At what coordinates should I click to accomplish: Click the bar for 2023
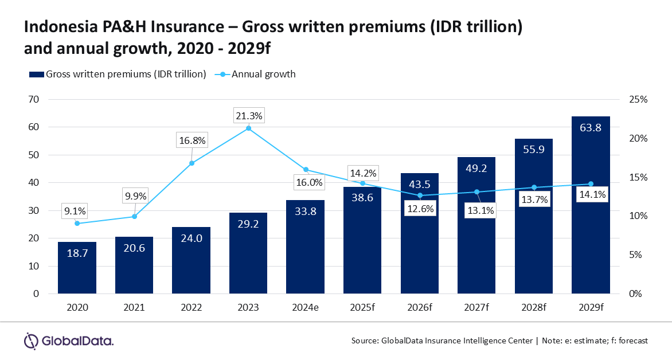(x=248, y=253)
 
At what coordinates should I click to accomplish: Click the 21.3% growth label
(x=248, y=116)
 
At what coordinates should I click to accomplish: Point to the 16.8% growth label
(x=192, y=140)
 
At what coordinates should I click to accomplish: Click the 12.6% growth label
(x=421, y=208)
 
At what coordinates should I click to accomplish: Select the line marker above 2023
(x=248, y=128)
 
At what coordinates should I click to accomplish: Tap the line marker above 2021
(x=134, y=216)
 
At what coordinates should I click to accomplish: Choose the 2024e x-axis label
(x=305, y=308)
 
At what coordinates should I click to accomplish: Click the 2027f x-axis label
(x=476, y=308)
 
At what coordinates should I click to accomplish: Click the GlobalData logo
(x=69, y=341)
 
